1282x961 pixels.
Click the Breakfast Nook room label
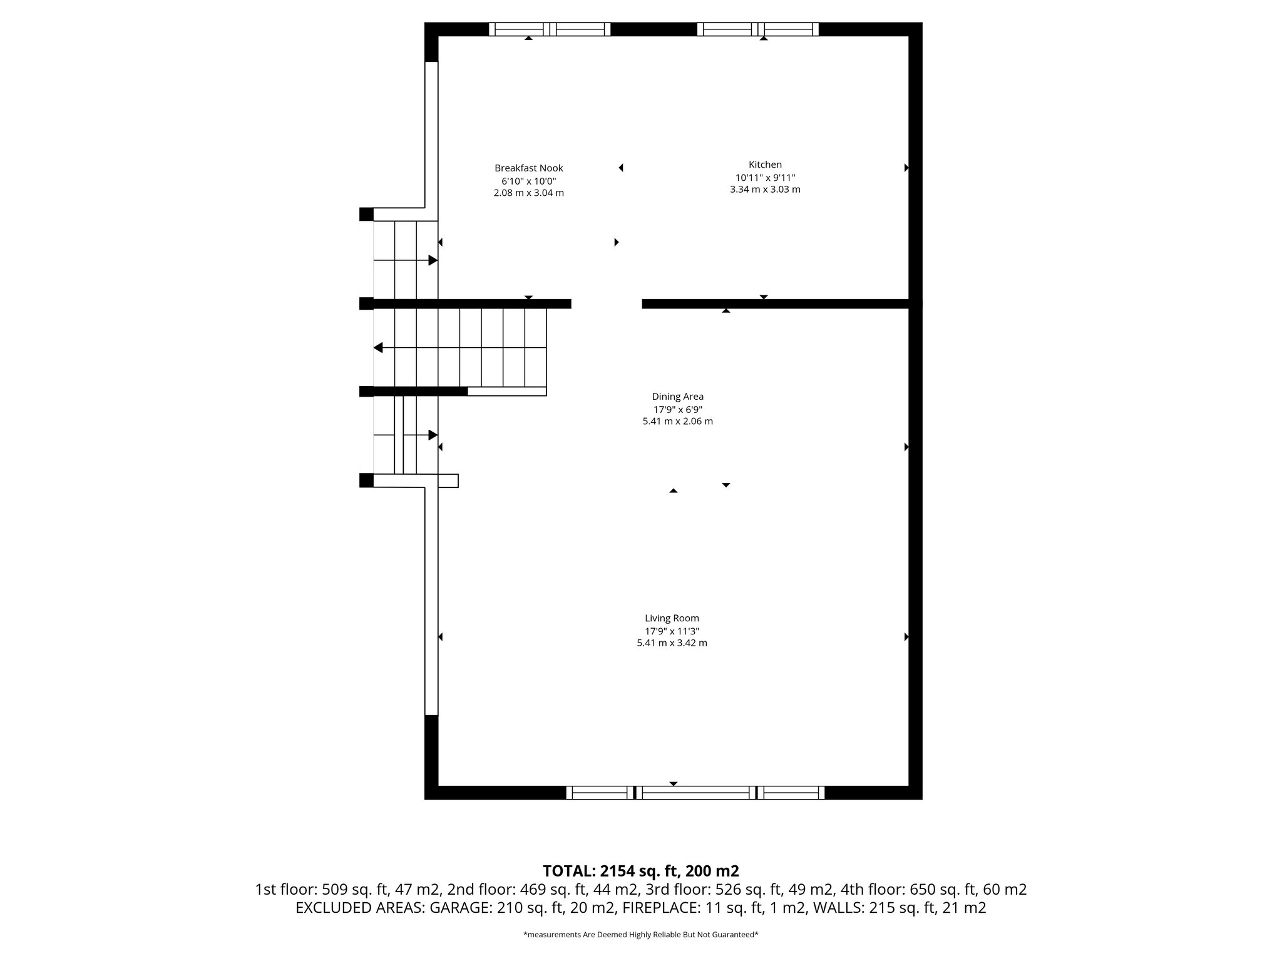[528, 168]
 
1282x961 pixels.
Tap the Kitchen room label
[765, 165]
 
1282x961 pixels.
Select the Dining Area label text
[677, 396]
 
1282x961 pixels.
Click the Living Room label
[672, 618]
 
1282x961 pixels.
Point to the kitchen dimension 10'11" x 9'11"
[765, 177]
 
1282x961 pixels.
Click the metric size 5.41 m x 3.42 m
[672, 643]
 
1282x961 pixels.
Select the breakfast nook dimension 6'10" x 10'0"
[528, 181]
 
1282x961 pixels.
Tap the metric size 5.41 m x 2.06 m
[677, 422]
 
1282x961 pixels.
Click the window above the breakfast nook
[549, 29]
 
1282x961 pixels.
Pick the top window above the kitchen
[757, 29]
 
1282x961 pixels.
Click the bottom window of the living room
[695, 793]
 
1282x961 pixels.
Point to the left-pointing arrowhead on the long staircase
[378, 347]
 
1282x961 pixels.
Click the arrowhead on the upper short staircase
[433, 260]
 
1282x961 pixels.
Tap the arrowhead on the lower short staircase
[433, 435]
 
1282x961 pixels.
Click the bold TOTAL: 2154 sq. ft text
[640, 871]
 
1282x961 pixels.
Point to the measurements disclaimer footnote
[640, 935]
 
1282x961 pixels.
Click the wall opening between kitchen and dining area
[607, 304]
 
